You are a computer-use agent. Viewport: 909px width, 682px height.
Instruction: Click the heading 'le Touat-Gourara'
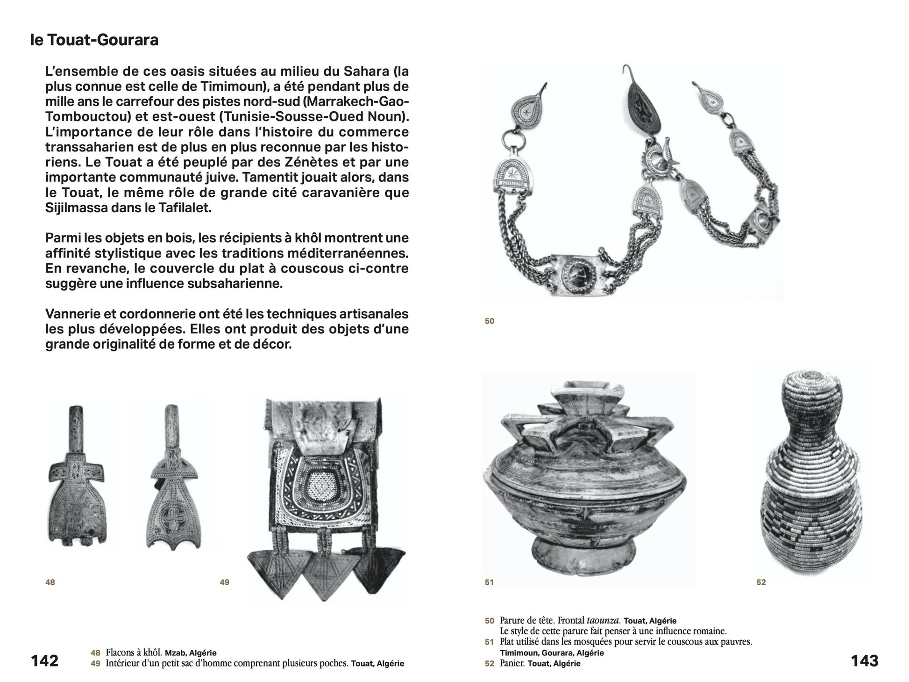(94, 40)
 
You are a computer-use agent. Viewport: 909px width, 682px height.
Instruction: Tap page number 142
(44, 660)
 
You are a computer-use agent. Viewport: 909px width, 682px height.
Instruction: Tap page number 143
(864, 660)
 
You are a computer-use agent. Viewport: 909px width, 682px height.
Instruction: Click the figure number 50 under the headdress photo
(489, 321)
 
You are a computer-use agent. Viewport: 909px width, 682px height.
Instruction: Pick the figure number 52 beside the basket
(761, 582)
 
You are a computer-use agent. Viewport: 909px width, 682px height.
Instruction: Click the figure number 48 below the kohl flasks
(50, 582)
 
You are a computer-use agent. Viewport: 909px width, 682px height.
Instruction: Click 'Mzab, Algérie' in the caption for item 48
(191, 653)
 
